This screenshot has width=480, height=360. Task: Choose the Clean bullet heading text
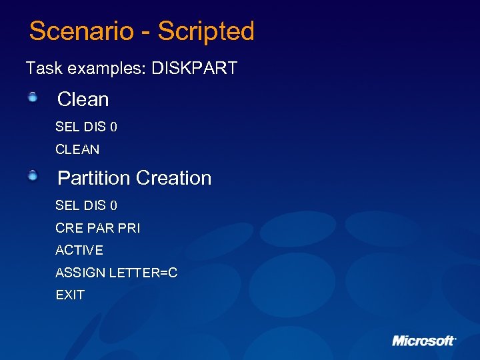[x=83, y=99]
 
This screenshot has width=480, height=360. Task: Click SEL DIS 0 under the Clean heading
[x=86, y=127]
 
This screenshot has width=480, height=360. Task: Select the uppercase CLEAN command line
[x=77, y=149]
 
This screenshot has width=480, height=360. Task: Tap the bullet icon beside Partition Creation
[x=33, y=177]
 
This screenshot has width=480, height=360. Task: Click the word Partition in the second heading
[x=94, y=178]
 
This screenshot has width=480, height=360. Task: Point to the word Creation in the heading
[x=173, y=178]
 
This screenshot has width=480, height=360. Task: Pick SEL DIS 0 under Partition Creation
[x=86, y=205]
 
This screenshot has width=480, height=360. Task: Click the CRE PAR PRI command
[x=97, y=228]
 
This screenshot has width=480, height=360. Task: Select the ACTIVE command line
[x=79, y=251]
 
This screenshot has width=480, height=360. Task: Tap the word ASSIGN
[x=77, y=273]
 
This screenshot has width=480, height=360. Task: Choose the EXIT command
[x=70, y=295]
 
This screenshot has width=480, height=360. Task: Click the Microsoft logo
[x=423, y=341]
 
